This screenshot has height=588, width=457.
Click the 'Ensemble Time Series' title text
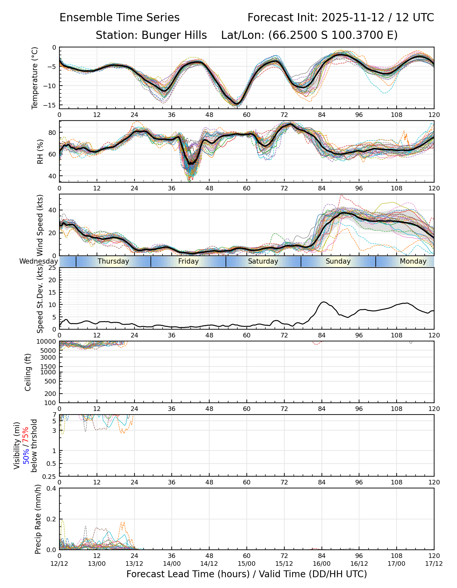tap(119, 18)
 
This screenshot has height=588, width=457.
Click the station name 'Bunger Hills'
tap(174, 35)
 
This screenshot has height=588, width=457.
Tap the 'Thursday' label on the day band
tap(113, 261)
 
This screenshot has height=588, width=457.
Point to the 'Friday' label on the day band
tap(188, 261)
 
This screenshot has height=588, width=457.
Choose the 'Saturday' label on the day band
tap(263, 261)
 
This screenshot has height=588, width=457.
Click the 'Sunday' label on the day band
tap(338, 261)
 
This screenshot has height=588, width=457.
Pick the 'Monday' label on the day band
tap(413, 261)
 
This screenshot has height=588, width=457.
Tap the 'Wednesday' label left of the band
tap(39, 261)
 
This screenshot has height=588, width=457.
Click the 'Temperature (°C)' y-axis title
tap(35, 78)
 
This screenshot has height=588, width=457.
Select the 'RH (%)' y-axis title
tap(40, 152)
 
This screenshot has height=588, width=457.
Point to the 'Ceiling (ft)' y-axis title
tap(28, 372)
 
